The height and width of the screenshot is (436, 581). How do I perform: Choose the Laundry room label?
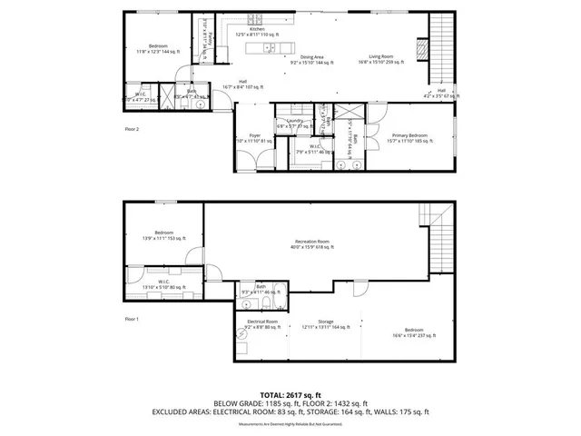[x=294, y=123]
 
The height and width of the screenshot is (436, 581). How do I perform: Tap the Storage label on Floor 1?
[x=326, y=322]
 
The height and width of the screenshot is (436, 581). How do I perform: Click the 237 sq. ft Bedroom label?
[x=413, y=332]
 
